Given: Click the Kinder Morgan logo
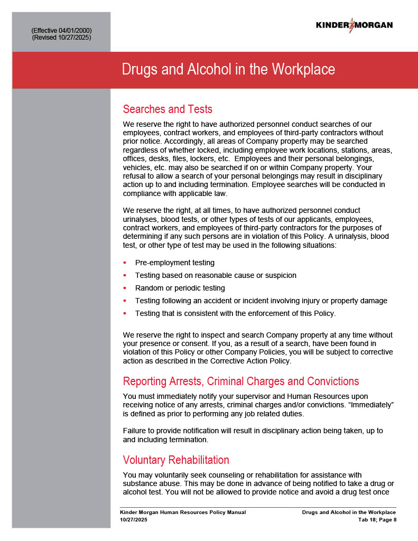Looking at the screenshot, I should click(354, 25).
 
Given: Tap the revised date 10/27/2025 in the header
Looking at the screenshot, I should click(76, 38).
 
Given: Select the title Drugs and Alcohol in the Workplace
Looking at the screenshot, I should click(228, 70).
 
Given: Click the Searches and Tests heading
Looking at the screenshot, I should click(168, 109).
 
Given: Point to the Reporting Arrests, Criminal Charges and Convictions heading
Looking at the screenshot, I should click(240, 381).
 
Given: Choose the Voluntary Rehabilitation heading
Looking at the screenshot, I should click(176, 460).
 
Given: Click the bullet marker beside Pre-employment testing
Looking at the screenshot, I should click(125, 263).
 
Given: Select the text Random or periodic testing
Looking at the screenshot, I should click(180, 288).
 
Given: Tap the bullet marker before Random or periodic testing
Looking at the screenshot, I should click(125, 288).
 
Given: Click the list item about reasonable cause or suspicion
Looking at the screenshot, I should click(216, 275).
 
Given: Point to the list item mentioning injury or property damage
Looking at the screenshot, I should click(261, 301).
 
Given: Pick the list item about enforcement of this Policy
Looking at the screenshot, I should click(235, 313).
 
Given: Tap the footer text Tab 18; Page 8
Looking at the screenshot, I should click(377, 520).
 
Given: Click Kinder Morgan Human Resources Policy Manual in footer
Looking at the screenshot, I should click(183, 512).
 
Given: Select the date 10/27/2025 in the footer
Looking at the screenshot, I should click(134, 520).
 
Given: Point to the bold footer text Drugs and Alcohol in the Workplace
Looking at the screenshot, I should click(349, 512).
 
